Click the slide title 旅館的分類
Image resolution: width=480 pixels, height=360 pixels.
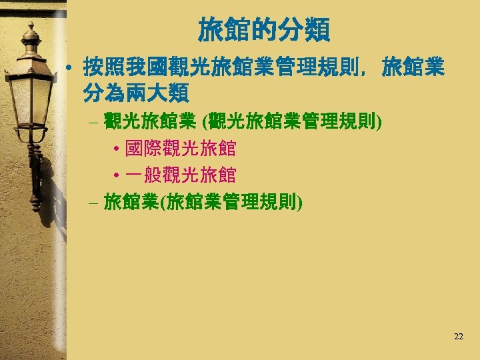[x=263, y=30]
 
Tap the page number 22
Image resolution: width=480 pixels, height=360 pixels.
[x=458, y=337]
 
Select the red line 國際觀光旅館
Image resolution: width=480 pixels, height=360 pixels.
[x=180, y=147]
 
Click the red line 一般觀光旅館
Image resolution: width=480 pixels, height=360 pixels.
[x=180, y=175]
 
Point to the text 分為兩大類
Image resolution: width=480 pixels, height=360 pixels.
[x=137, y=92]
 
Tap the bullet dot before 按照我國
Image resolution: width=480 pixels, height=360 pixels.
[x=69, y=67]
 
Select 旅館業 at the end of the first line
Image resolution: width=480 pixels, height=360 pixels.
[x=413, y=67]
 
